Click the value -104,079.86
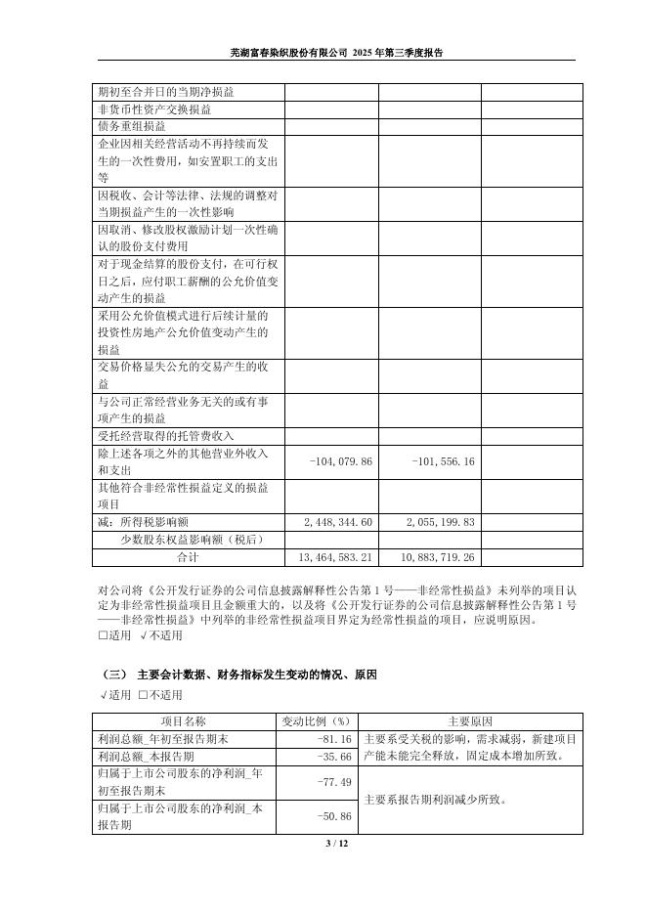pos(340,461)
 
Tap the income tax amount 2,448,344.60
pos(338,522)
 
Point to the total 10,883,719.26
pos(437,556)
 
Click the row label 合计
pos(188,556)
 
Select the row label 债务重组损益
pos(132,126)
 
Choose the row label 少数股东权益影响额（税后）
pos(192,539)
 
